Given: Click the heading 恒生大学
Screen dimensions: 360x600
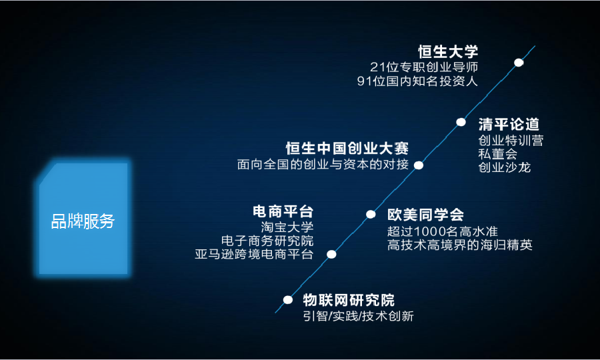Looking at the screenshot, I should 448,52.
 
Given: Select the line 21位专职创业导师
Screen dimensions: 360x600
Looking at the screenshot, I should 424,67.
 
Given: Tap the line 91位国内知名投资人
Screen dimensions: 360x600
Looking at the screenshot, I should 418,82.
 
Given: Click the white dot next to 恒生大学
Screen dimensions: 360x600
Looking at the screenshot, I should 519,63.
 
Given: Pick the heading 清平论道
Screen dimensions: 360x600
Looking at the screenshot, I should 509,125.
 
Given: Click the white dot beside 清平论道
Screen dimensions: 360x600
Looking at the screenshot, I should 461,122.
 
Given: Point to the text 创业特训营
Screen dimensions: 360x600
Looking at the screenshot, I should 511,141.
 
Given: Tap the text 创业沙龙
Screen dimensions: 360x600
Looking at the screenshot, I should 504,167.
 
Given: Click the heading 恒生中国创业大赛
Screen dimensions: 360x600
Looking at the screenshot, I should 347,148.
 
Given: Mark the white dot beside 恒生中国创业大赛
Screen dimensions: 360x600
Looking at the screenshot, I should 419,165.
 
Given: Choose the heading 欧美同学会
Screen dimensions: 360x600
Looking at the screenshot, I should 425,215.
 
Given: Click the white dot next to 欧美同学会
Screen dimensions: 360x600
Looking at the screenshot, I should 371,214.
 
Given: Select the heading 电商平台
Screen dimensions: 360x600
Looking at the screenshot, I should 283,211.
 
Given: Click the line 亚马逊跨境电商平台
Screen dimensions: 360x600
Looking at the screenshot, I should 254,254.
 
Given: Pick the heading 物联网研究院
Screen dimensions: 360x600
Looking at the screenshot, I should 348,300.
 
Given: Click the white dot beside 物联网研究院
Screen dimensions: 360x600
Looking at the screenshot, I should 288,300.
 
